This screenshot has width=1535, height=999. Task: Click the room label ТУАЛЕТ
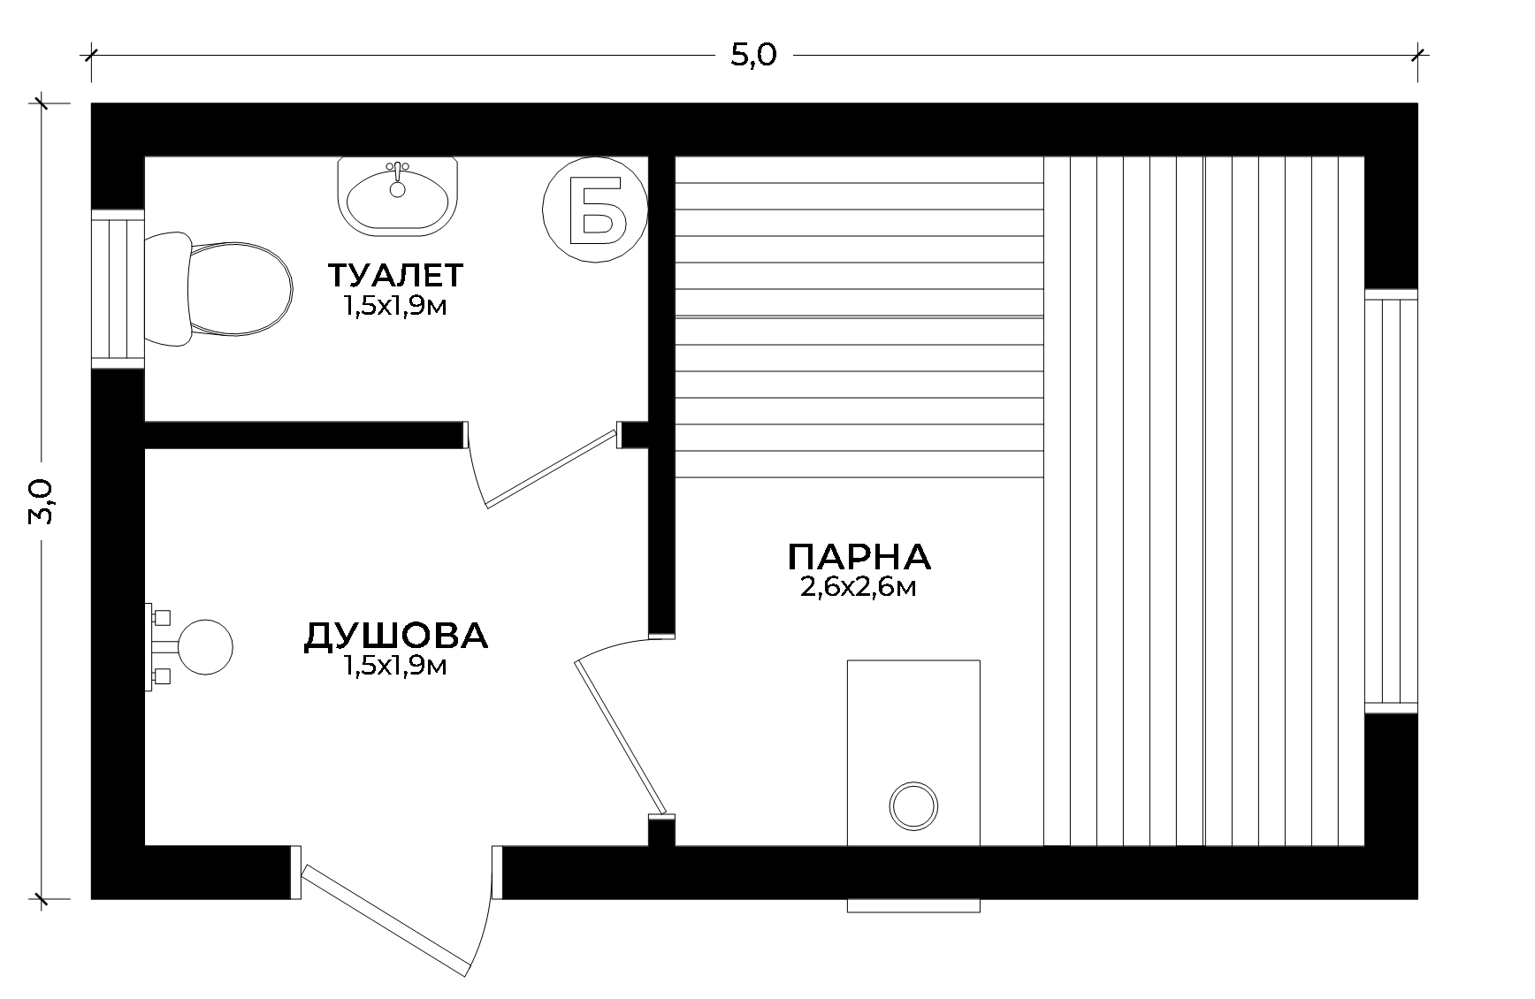[x=395, y=275]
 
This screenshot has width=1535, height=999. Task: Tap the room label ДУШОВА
[x=395, y=636]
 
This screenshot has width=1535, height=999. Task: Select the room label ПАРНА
[x=859, y=557]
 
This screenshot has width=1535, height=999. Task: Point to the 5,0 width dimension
[x=753, y=55]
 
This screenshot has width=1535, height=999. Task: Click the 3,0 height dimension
[x=42, y=501]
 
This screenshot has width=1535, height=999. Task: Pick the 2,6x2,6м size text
[x=858, y=588]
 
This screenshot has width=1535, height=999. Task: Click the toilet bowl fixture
[x=218, y=289]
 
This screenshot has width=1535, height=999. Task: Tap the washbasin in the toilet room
[x=398, y=196]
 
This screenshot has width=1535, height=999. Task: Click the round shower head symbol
[x=206, y=646]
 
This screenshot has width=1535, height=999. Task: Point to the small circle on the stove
[x=913, y=806]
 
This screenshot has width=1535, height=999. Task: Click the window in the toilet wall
[x=118, y=289]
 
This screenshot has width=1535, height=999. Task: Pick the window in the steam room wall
[x=1391, y=500]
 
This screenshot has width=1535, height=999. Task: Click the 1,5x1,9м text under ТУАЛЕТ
[x=393, y=306]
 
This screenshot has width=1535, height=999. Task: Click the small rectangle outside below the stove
[x=913, y=905]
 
